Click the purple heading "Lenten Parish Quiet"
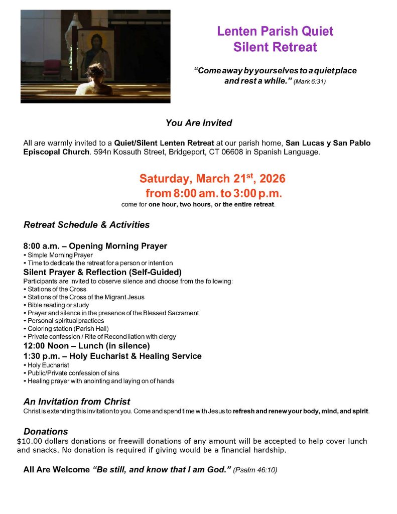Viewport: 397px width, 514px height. pos(275,31)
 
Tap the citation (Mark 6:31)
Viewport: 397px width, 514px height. pos(310,81)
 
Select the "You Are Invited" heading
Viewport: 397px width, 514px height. pos(199,123)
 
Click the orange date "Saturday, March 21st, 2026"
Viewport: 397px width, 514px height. pos(212,179)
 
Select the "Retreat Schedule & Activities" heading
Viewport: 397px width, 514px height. pos(86,225)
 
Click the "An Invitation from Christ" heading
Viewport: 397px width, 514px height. pos(77,402)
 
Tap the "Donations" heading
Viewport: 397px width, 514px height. pos(46,432)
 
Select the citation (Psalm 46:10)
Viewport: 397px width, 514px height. pos(255,470)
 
